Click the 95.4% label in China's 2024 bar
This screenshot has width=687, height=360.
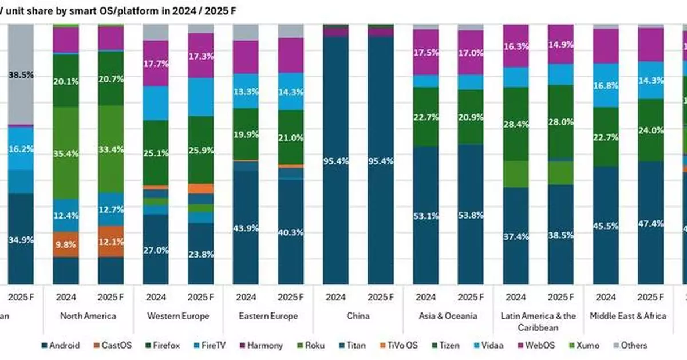(335, 161)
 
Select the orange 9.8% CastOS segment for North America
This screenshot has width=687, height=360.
(66, 243)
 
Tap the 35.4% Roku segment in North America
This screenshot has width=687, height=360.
(66, 153)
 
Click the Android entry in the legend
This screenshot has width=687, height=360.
(61, 345)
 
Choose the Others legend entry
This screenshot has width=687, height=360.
(629, 345)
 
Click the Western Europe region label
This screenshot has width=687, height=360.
(178, 316)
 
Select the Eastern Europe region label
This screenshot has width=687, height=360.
(268, 316)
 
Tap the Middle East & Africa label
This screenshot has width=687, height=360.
(627, 316)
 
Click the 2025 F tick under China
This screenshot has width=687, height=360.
(380, 298)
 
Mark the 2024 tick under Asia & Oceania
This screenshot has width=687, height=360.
(425, 298)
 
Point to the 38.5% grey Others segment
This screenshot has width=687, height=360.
(21, 74)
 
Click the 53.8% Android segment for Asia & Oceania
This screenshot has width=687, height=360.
(470, 215)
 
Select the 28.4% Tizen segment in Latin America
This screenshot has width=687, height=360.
(515, 124)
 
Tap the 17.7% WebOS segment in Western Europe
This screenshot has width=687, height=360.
(156, 63)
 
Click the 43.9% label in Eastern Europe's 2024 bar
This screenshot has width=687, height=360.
(246, 227)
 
